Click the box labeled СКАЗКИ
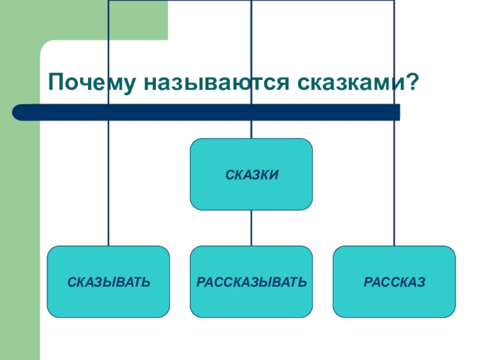coord(251,174)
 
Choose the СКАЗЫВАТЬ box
coord(109,281)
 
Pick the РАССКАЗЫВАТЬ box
coord(251,281)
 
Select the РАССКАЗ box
coord(394,281)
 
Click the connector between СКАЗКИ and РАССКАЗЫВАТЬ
coord(251,228)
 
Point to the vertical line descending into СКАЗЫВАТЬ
coord(109,180)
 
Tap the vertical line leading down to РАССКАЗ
coord(394,180)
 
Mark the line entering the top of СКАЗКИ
coord(251,129)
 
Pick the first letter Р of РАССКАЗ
coord(367,281)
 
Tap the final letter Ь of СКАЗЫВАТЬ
coord(146,281)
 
